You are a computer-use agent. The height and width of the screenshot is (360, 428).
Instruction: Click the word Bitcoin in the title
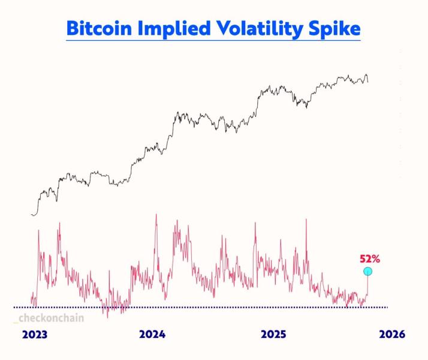point(97,28)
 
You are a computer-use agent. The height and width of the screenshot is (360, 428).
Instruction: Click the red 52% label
point(369,259)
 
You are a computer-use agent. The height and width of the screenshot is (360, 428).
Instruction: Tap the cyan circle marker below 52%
point(368,272)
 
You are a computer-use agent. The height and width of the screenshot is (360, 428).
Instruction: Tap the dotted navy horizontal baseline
point(210,307)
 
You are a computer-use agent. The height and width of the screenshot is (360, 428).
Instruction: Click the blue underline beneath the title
point(213,40)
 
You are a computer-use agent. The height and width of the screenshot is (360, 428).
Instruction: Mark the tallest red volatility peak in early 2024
point(156,215)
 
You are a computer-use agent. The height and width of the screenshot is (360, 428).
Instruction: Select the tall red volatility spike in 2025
point(306,220)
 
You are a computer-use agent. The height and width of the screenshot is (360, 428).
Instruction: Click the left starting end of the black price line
point(32,214)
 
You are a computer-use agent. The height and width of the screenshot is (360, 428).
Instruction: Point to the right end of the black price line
point(368,82)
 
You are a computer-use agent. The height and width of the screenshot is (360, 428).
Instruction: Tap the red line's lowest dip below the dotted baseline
point(108,316)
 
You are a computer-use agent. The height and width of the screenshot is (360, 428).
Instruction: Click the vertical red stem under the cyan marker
point(367,286)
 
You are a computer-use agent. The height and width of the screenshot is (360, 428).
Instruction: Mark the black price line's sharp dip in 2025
point(306,107)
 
